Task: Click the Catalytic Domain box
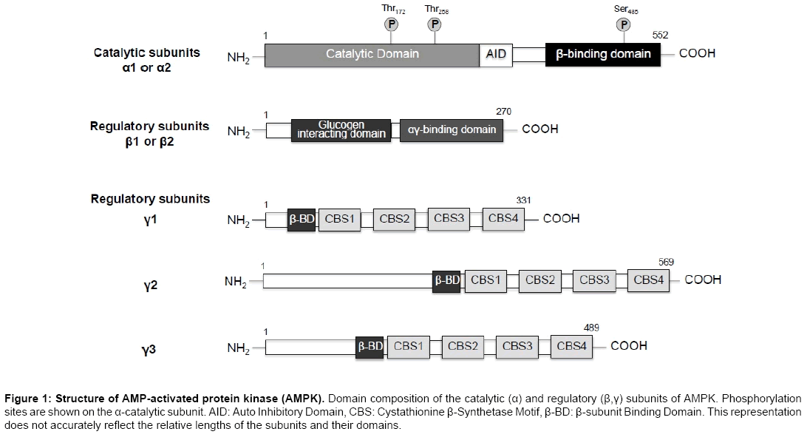point(372,55)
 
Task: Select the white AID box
point(496,55)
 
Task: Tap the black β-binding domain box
point(603,54)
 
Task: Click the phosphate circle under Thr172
point(391,24)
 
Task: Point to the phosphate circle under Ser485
point(624,24)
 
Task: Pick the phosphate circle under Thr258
point(435,24)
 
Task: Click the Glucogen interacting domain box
point(341,130)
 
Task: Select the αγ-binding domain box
point(452,130)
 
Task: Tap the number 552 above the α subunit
point(661,35)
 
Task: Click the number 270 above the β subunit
point(504,111)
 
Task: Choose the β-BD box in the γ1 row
point(302,220)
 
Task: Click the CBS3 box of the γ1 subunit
point(449,219)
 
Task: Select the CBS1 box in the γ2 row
point(486,281)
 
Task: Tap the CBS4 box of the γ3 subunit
point(572,347)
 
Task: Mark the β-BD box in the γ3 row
point(370,347)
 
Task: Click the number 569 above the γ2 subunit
point(666,263)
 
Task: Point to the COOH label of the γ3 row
point(629,346)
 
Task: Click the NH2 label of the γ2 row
point(235,282)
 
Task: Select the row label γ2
point(150,285)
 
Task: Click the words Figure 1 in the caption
point(27,399)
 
